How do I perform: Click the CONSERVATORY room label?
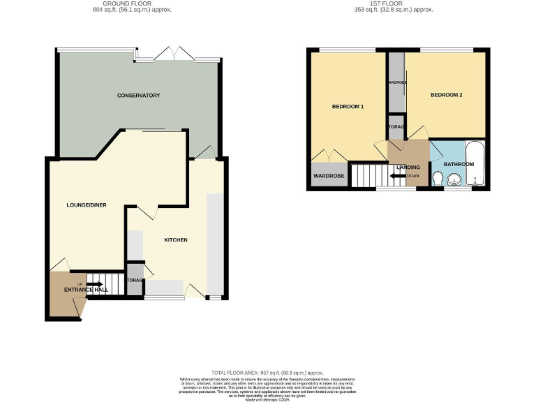[x=139, y=96]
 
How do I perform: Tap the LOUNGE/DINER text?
[x=81, y=204]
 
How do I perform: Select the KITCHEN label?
[x=175, y=240]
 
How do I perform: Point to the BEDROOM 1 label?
[x=348, y=107]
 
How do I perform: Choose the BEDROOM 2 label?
[x=446, y=95]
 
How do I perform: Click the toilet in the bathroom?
[x=437, y=181]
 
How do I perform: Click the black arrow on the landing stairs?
[x=399, y=176]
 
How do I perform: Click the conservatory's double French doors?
[x=172, y=55]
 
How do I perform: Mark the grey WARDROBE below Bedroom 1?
[x=329, y=175]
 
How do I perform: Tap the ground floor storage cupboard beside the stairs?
[x=135, y=281]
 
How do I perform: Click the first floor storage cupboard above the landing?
[x=396, y=127]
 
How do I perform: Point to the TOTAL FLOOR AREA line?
[x=267, y=373]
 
